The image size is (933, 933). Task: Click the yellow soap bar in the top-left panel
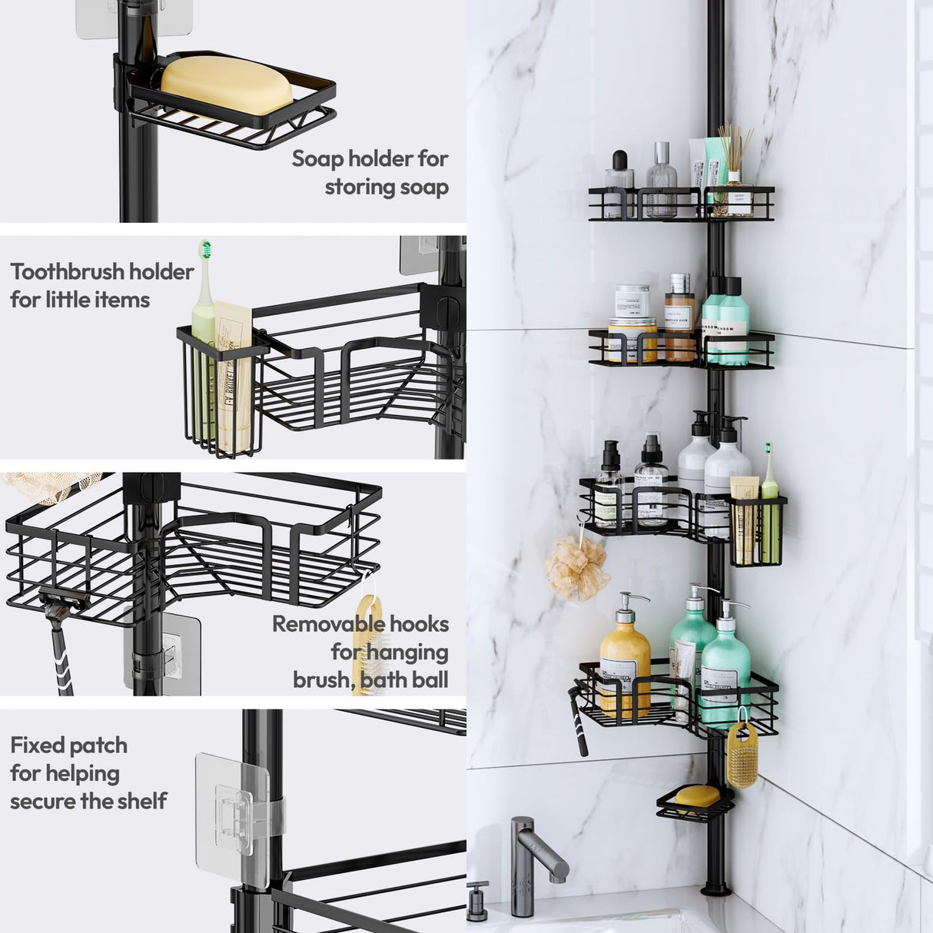(x=227, y=85)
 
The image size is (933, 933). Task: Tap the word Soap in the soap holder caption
(x=317, y=159)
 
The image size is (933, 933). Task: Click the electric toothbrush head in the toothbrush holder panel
(x=205, y=251)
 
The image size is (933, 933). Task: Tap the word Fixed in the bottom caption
(x=38, y=745)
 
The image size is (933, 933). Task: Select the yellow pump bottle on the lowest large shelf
(x=624, y=661)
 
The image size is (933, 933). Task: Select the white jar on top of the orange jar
(x=632, y=301)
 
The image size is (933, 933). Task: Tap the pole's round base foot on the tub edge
(x=715, y=889)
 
